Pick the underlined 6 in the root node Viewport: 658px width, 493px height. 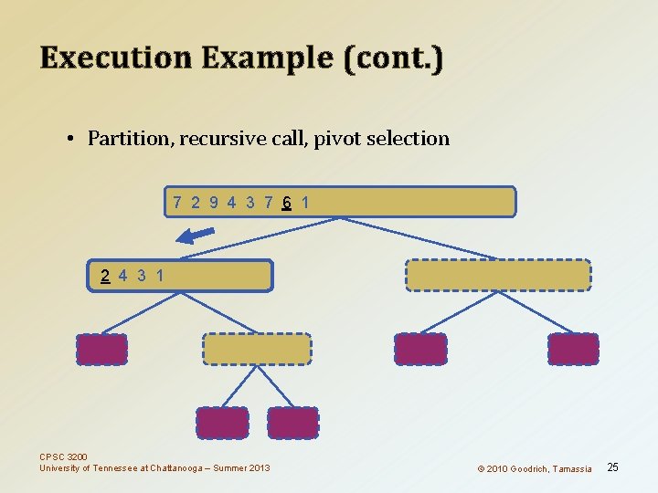pos(287,202)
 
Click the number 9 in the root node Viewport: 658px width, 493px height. pos(214,202)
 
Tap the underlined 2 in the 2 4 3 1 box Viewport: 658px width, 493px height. pos(106,275)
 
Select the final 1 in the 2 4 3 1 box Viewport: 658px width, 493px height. pos(161,275)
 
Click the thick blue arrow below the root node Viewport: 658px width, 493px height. pos(195,236)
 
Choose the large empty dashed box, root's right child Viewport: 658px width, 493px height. pos(498,275)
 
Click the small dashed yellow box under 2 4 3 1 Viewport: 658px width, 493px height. pos(257,349)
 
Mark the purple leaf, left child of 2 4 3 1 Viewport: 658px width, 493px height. pos(101,349)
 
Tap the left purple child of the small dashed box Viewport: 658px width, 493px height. pos(222,423)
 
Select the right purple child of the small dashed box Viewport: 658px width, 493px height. pos(293,423)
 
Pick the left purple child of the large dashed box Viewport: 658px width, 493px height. pos(420,349)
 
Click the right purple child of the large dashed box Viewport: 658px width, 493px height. pos(573,349)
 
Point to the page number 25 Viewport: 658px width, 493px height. pos(613,467)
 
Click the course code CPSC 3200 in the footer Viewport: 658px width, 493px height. pos(64,456)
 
